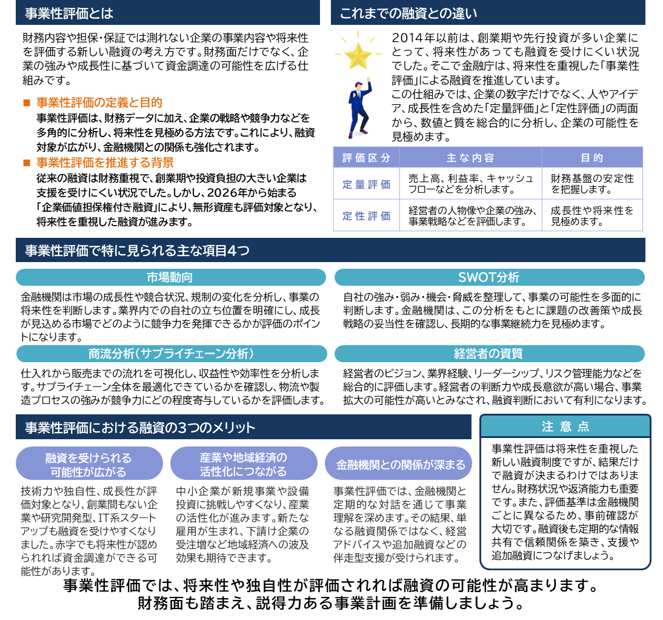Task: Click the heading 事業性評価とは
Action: [x=69, y=13]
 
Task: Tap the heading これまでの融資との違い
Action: [x=408, y=13]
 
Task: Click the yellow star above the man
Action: [x=358, y=55]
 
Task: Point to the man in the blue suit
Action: [x=359, y=109]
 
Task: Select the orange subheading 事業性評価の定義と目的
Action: [x=99, y=103]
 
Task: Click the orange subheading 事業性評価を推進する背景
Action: [x=105, y=163]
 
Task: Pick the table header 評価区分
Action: [x=366, y=158]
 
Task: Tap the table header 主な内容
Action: [x=470, y=158]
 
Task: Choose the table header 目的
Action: [x=592, y=158]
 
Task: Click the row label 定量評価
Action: [x=366, y=184]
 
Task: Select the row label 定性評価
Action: [x=366, y=215]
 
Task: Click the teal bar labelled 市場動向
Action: [x=170, y=277]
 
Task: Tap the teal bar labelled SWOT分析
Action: [x=489, y=277]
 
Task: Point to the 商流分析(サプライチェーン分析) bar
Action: [x=171, y=354]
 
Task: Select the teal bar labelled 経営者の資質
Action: [x=489, y=354]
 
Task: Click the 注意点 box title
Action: [x=565, y=426]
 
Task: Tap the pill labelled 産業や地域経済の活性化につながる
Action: [x=244, y=464]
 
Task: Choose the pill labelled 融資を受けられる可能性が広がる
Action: [x=89, y=464]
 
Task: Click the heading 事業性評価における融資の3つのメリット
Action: [x=140, y=428]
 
